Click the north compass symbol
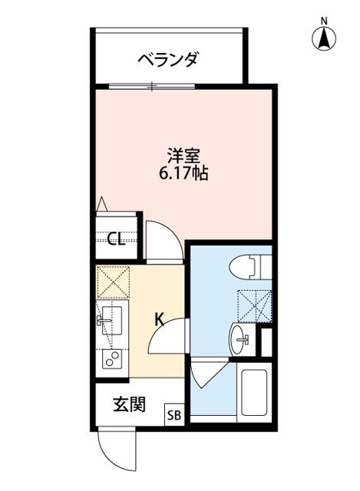click(325, 36)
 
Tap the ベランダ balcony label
click(168, 59)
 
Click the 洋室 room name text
click(184, 153)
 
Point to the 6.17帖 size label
click(184, 173)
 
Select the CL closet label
click(115, 240)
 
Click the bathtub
click(253, 393)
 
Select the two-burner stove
click(112, 359)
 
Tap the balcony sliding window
click(154, 84)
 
